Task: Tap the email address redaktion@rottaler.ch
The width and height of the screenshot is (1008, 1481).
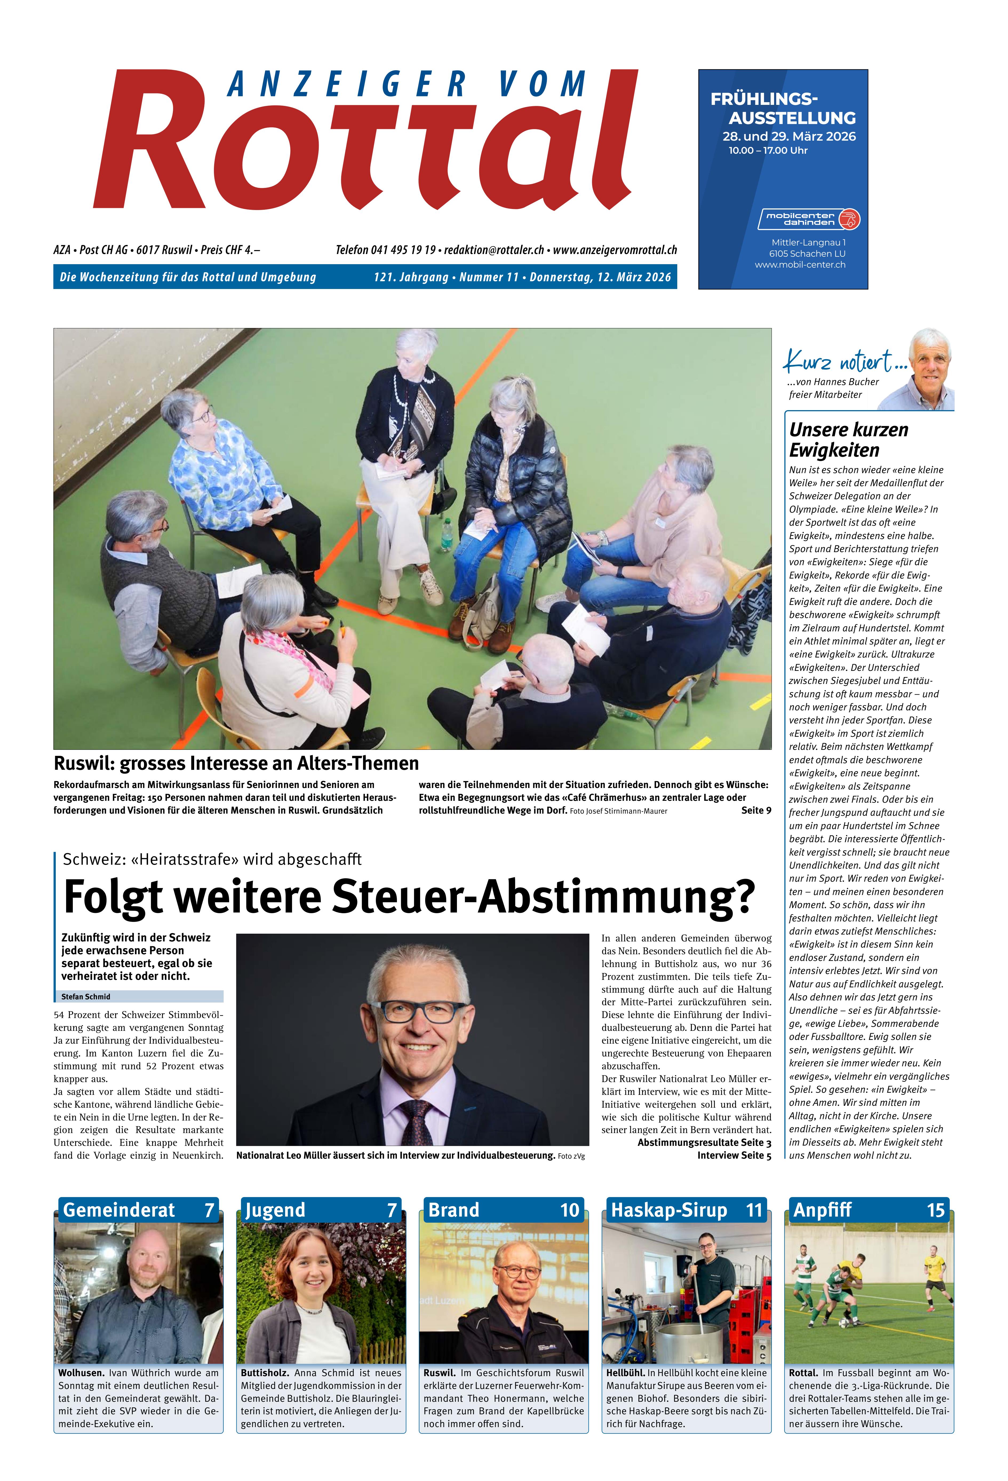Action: pyautogui.click(x=494, y=250)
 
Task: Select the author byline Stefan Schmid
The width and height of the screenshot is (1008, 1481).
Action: pyautogui.click(x=86, y=996)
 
